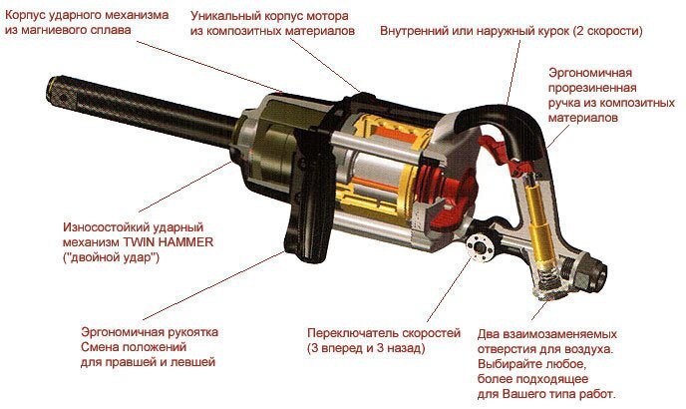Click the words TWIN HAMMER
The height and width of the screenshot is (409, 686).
pos(169,242)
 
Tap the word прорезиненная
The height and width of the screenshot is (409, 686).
pos(592,88)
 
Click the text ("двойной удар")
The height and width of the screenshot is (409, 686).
pos(111,257)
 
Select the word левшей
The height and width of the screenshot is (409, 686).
pos(196,362)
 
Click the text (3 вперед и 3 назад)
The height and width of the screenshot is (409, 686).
pos(366,348)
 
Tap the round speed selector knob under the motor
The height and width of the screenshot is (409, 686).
pos(479,247)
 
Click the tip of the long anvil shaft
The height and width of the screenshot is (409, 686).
pos(54,91)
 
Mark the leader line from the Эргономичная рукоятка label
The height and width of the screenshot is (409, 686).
pos(212,286)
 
